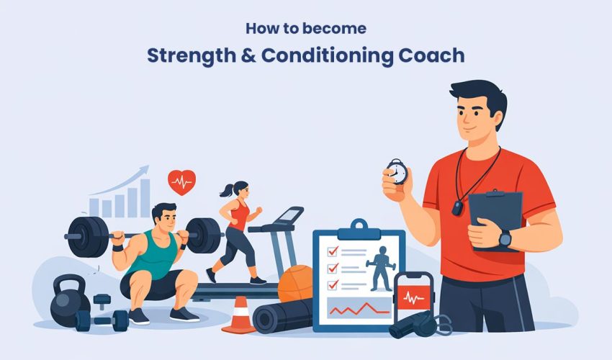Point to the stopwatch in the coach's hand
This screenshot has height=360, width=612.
pyautogui.click(x=396, y=172)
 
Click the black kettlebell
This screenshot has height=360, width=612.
pyautogui.click(x=68, y=300)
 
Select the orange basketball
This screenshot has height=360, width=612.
pyautogui.click(x=295, y=283)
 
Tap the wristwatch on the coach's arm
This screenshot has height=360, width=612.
pyautogui.click(x=504, y=238)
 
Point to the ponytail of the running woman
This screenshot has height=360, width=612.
pyautogui.click(x=224, y=190)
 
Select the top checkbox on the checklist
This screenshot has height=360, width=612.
pyautogui.click(x=333, y=251)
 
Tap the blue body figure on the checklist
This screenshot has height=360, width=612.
pyautogui.click(x=379, y=267)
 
